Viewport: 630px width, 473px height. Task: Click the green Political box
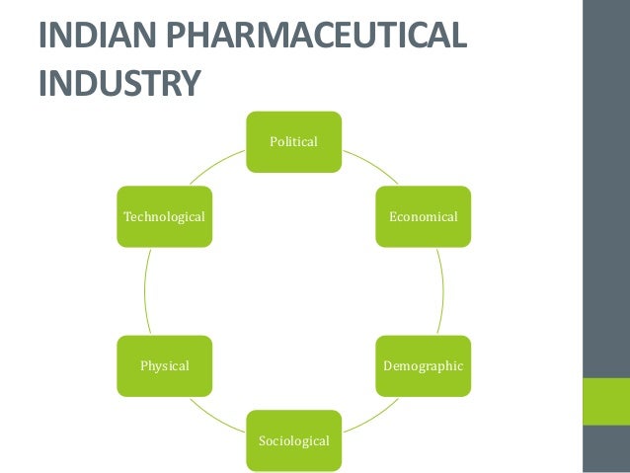point(293,142)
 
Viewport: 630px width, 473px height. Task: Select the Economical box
point(423,215)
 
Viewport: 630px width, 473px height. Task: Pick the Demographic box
point(423,365)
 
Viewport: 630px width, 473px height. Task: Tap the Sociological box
point(293,440)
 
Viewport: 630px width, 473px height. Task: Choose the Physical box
point(164,365)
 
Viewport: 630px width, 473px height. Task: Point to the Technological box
point(164,215)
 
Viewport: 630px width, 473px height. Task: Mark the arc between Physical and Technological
point(145,290)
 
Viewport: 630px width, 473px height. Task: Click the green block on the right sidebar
point(605,403)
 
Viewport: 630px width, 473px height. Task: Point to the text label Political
point(293,142)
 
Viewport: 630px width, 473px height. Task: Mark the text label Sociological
point(293,440)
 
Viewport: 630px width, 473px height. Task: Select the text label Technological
point(164,215)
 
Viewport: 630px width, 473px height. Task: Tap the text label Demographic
point(423,365)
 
